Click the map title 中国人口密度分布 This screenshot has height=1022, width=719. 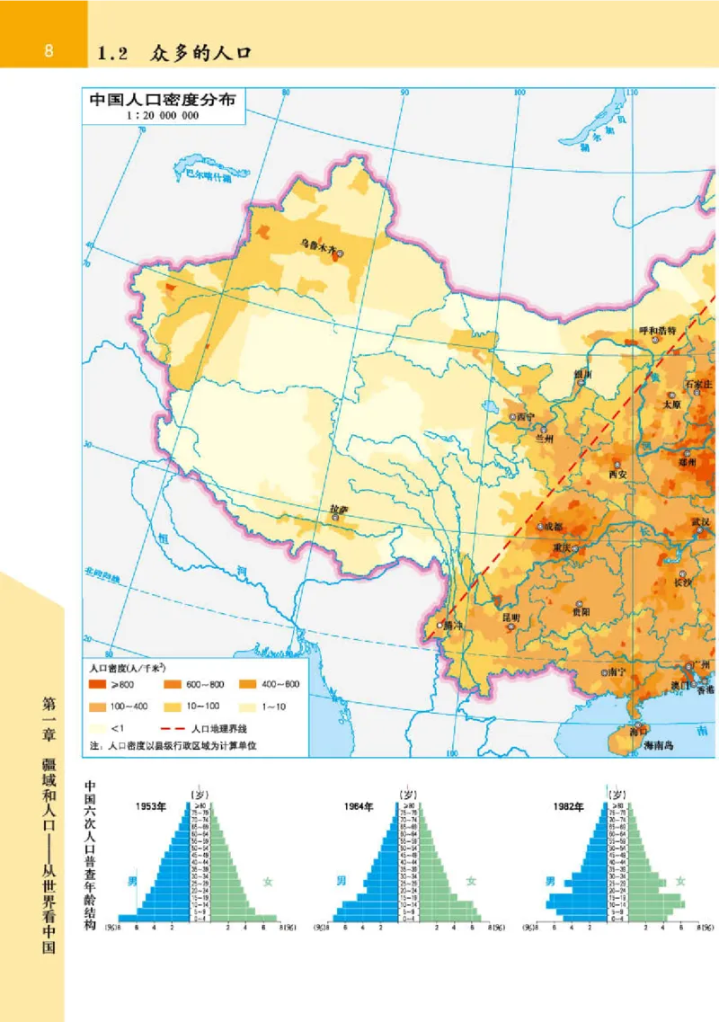[x=163, y=100]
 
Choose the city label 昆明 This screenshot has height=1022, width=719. [x=510, y=618]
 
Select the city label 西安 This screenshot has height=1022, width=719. [x=617, y=473]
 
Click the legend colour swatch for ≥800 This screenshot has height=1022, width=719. [x=96, y=685]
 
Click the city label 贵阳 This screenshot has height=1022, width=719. [x=581, y=611]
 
